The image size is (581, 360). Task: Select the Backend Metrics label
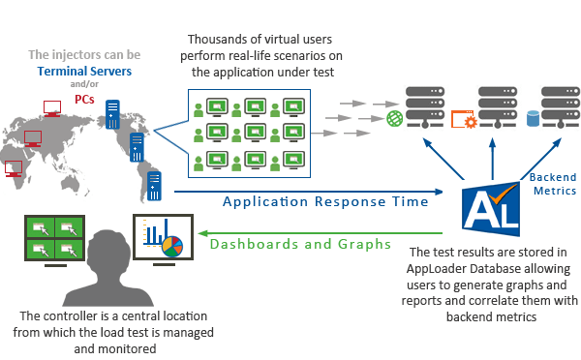[552, 184]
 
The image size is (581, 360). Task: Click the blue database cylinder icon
[532, 120]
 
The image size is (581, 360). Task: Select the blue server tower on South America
[154, 183]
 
